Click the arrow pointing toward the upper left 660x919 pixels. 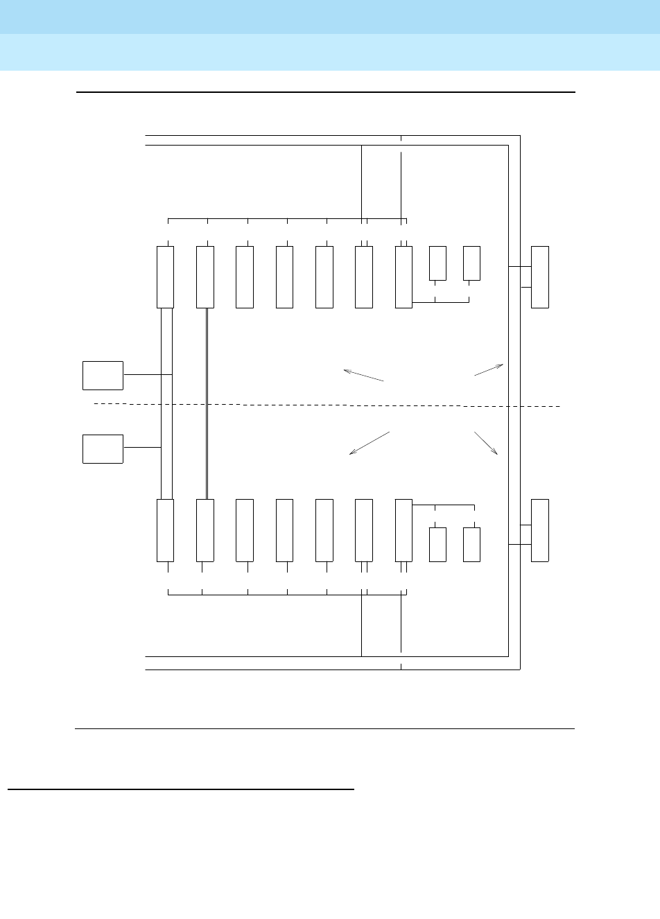pyautogui.click(x=363, y=375)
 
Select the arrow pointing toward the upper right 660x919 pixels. pyautogui.click(x=489, y=369)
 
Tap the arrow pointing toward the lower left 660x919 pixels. pyautogui.click(x=370, y=443)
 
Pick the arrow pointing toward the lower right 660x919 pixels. pyautogui.click(x=486, y=443)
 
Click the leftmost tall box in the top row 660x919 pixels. pyautogui.click(x=165, y=277)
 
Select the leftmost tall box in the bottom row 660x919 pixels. pyautogui.click(x=165, y=529)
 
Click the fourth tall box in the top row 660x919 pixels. pyautogui.click(x=284, y=277)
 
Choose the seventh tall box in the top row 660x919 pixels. pyautogui.click(x=403, y=277)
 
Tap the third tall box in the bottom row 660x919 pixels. pyautogui.click(x=245, y=529)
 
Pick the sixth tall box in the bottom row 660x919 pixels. pyautogui.click(x=364, y=529)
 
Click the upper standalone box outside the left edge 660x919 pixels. pyautogui.click(x=103, y=375)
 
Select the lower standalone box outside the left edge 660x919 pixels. pyautogui.click(x=103, y=448)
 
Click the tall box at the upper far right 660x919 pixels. pyautogui.click(x=540, y=277)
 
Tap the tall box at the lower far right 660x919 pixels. pyautogui.click(x=540, y=529)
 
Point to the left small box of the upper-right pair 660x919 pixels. pyautogui.click(x=437, y=263)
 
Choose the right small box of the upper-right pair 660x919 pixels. pyautogui.click(x=471, y=263)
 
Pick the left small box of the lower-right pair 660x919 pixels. pyautogui.click(x=437, y=544)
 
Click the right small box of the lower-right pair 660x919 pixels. pyautogui.click(x=471, y=544)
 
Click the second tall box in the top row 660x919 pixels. pyautogui.click(x=205, y=277)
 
